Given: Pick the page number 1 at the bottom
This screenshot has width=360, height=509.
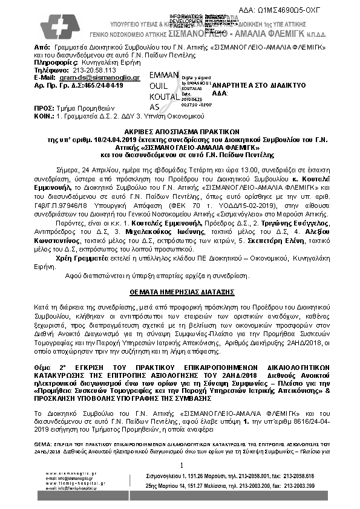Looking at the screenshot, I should click(181, 464).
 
